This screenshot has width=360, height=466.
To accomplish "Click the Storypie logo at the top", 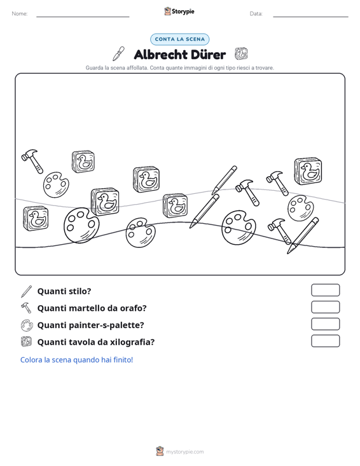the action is click(x=179, y=11).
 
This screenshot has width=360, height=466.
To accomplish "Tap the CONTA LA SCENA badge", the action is click(x=180, y=39).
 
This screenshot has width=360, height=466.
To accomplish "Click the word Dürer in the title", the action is click(x=208, y=55).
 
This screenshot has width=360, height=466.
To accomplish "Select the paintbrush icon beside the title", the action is click(x=118, y=54).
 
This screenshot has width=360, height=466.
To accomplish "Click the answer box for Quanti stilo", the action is click(x=325, y=290).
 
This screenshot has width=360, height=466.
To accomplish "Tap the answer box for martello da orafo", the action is click(x=325, y=307).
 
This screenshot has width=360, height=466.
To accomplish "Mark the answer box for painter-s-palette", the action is click(x=325, y=324).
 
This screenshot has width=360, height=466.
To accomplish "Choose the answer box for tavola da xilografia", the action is click(x=325, y=341).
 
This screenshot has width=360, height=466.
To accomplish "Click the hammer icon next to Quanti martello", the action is click(x=26, y=308).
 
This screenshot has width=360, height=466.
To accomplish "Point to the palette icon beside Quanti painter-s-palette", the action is click(x=27, y=325).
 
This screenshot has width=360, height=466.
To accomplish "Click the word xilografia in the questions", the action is click(x=132, y=342).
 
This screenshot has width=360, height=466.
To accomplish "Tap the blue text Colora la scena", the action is click(x=76, y=360).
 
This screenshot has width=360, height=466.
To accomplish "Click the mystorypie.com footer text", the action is click(x=184, y=452).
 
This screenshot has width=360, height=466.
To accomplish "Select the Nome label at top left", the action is click(x=20, y=14).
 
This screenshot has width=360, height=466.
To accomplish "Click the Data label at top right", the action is click(x=256, y=14).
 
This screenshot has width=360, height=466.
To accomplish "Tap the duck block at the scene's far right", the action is click(x=308, y=171).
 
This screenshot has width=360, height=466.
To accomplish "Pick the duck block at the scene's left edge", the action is click(x=36, y=219).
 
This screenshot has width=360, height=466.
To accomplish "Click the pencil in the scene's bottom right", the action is click(x=303, y=235).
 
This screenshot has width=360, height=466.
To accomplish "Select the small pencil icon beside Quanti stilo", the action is click(x=26, y=292).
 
